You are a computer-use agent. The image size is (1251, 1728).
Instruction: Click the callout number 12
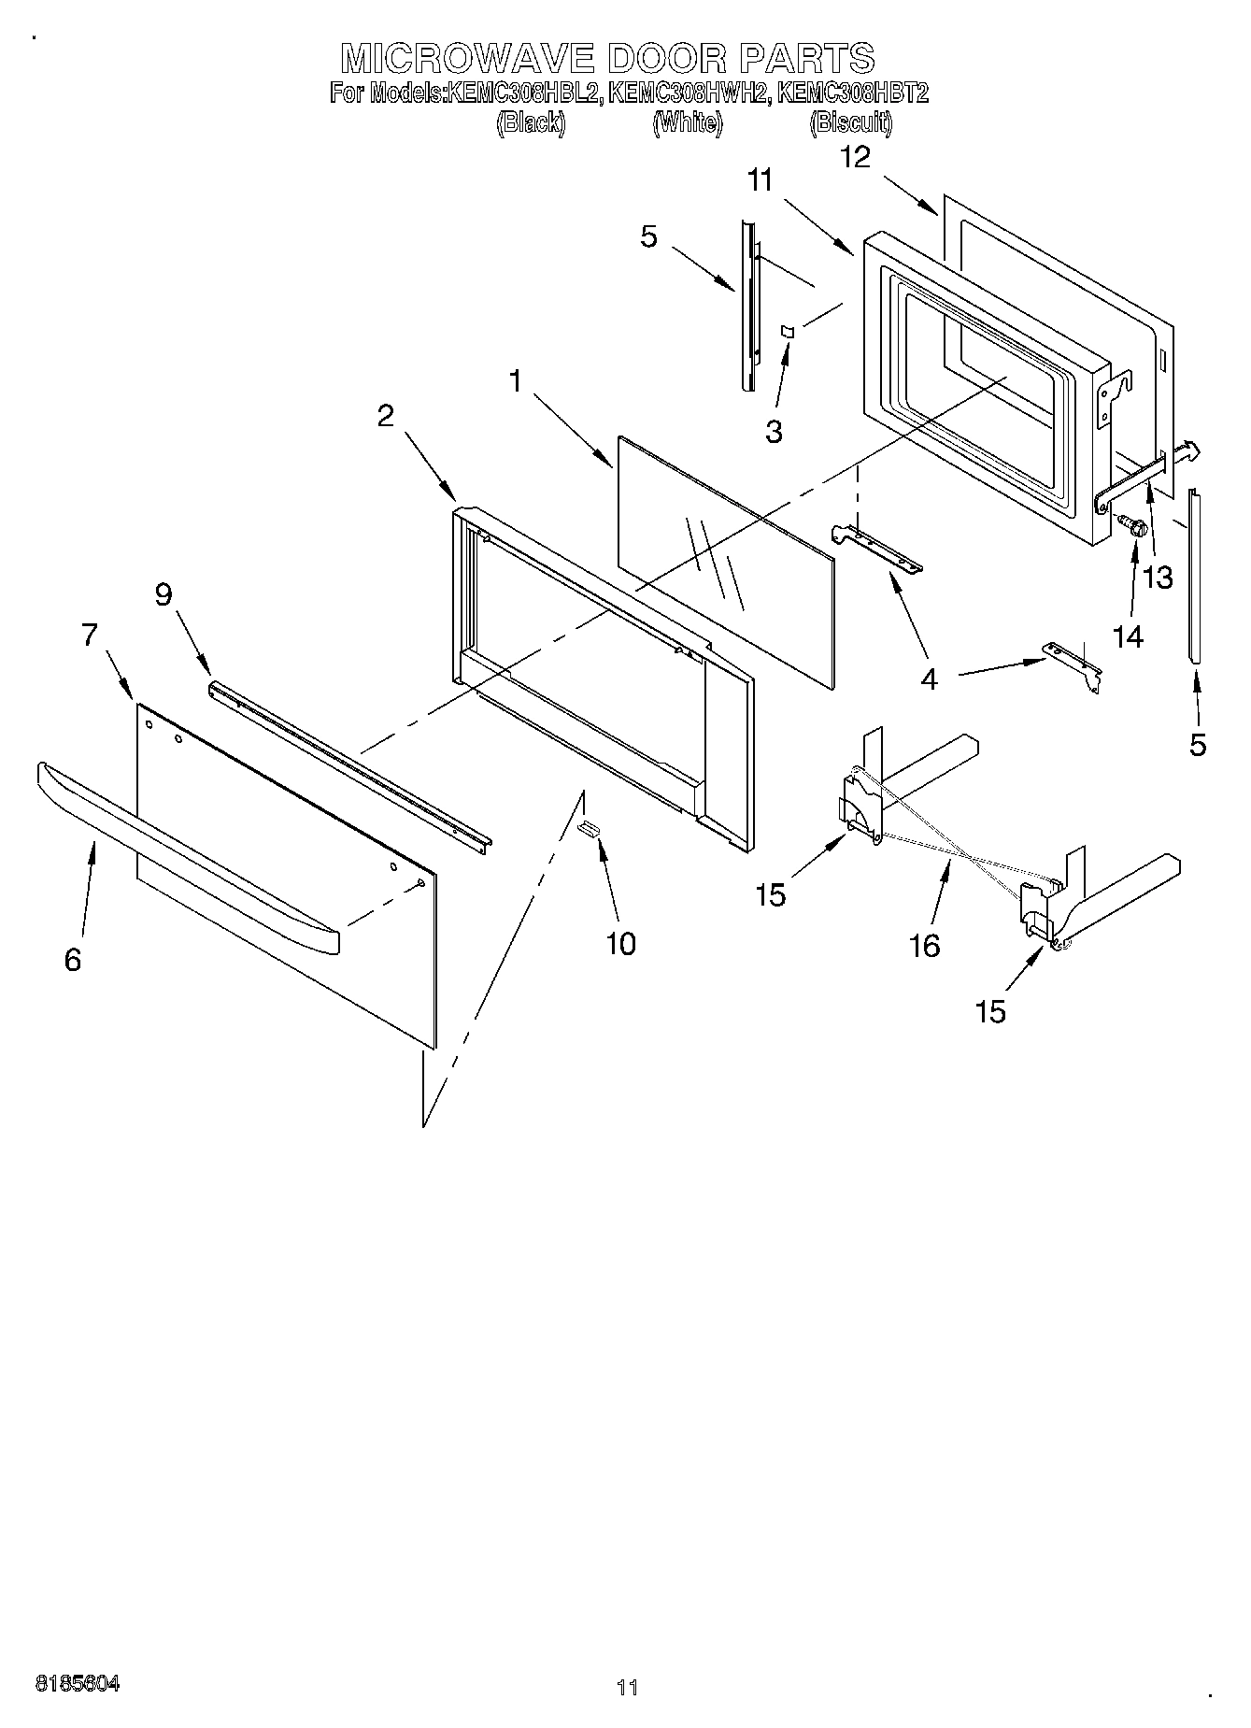pos(855,158)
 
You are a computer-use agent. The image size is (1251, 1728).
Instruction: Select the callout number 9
pos(163,594)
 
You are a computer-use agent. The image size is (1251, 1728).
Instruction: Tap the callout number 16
pos(924,946)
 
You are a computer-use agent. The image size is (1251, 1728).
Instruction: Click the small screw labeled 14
pos(1134,527)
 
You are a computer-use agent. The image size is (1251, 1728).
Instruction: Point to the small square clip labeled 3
pos(787,331)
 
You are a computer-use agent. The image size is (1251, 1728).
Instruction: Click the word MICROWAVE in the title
pos(467,59)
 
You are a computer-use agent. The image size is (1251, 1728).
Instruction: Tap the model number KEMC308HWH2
pos(688,93)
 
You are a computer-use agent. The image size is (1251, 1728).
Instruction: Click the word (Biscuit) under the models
pos(850,122)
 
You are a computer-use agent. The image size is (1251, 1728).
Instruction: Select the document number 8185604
pos(78,1684)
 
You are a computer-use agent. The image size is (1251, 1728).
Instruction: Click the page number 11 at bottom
pos(627,1688)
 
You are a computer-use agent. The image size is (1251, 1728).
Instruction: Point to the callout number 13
pos(1158,578)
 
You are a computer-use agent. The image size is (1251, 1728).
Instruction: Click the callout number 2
pos(386,416)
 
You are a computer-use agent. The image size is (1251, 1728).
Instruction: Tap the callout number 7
pos(90,635)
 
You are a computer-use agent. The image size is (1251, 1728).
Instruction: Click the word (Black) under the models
pos(531,122)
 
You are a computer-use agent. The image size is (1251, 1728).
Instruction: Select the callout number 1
pos(515,381)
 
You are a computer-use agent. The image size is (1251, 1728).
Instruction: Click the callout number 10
pos(620,943)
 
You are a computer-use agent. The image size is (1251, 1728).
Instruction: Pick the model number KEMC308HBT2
pos(853,93)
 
